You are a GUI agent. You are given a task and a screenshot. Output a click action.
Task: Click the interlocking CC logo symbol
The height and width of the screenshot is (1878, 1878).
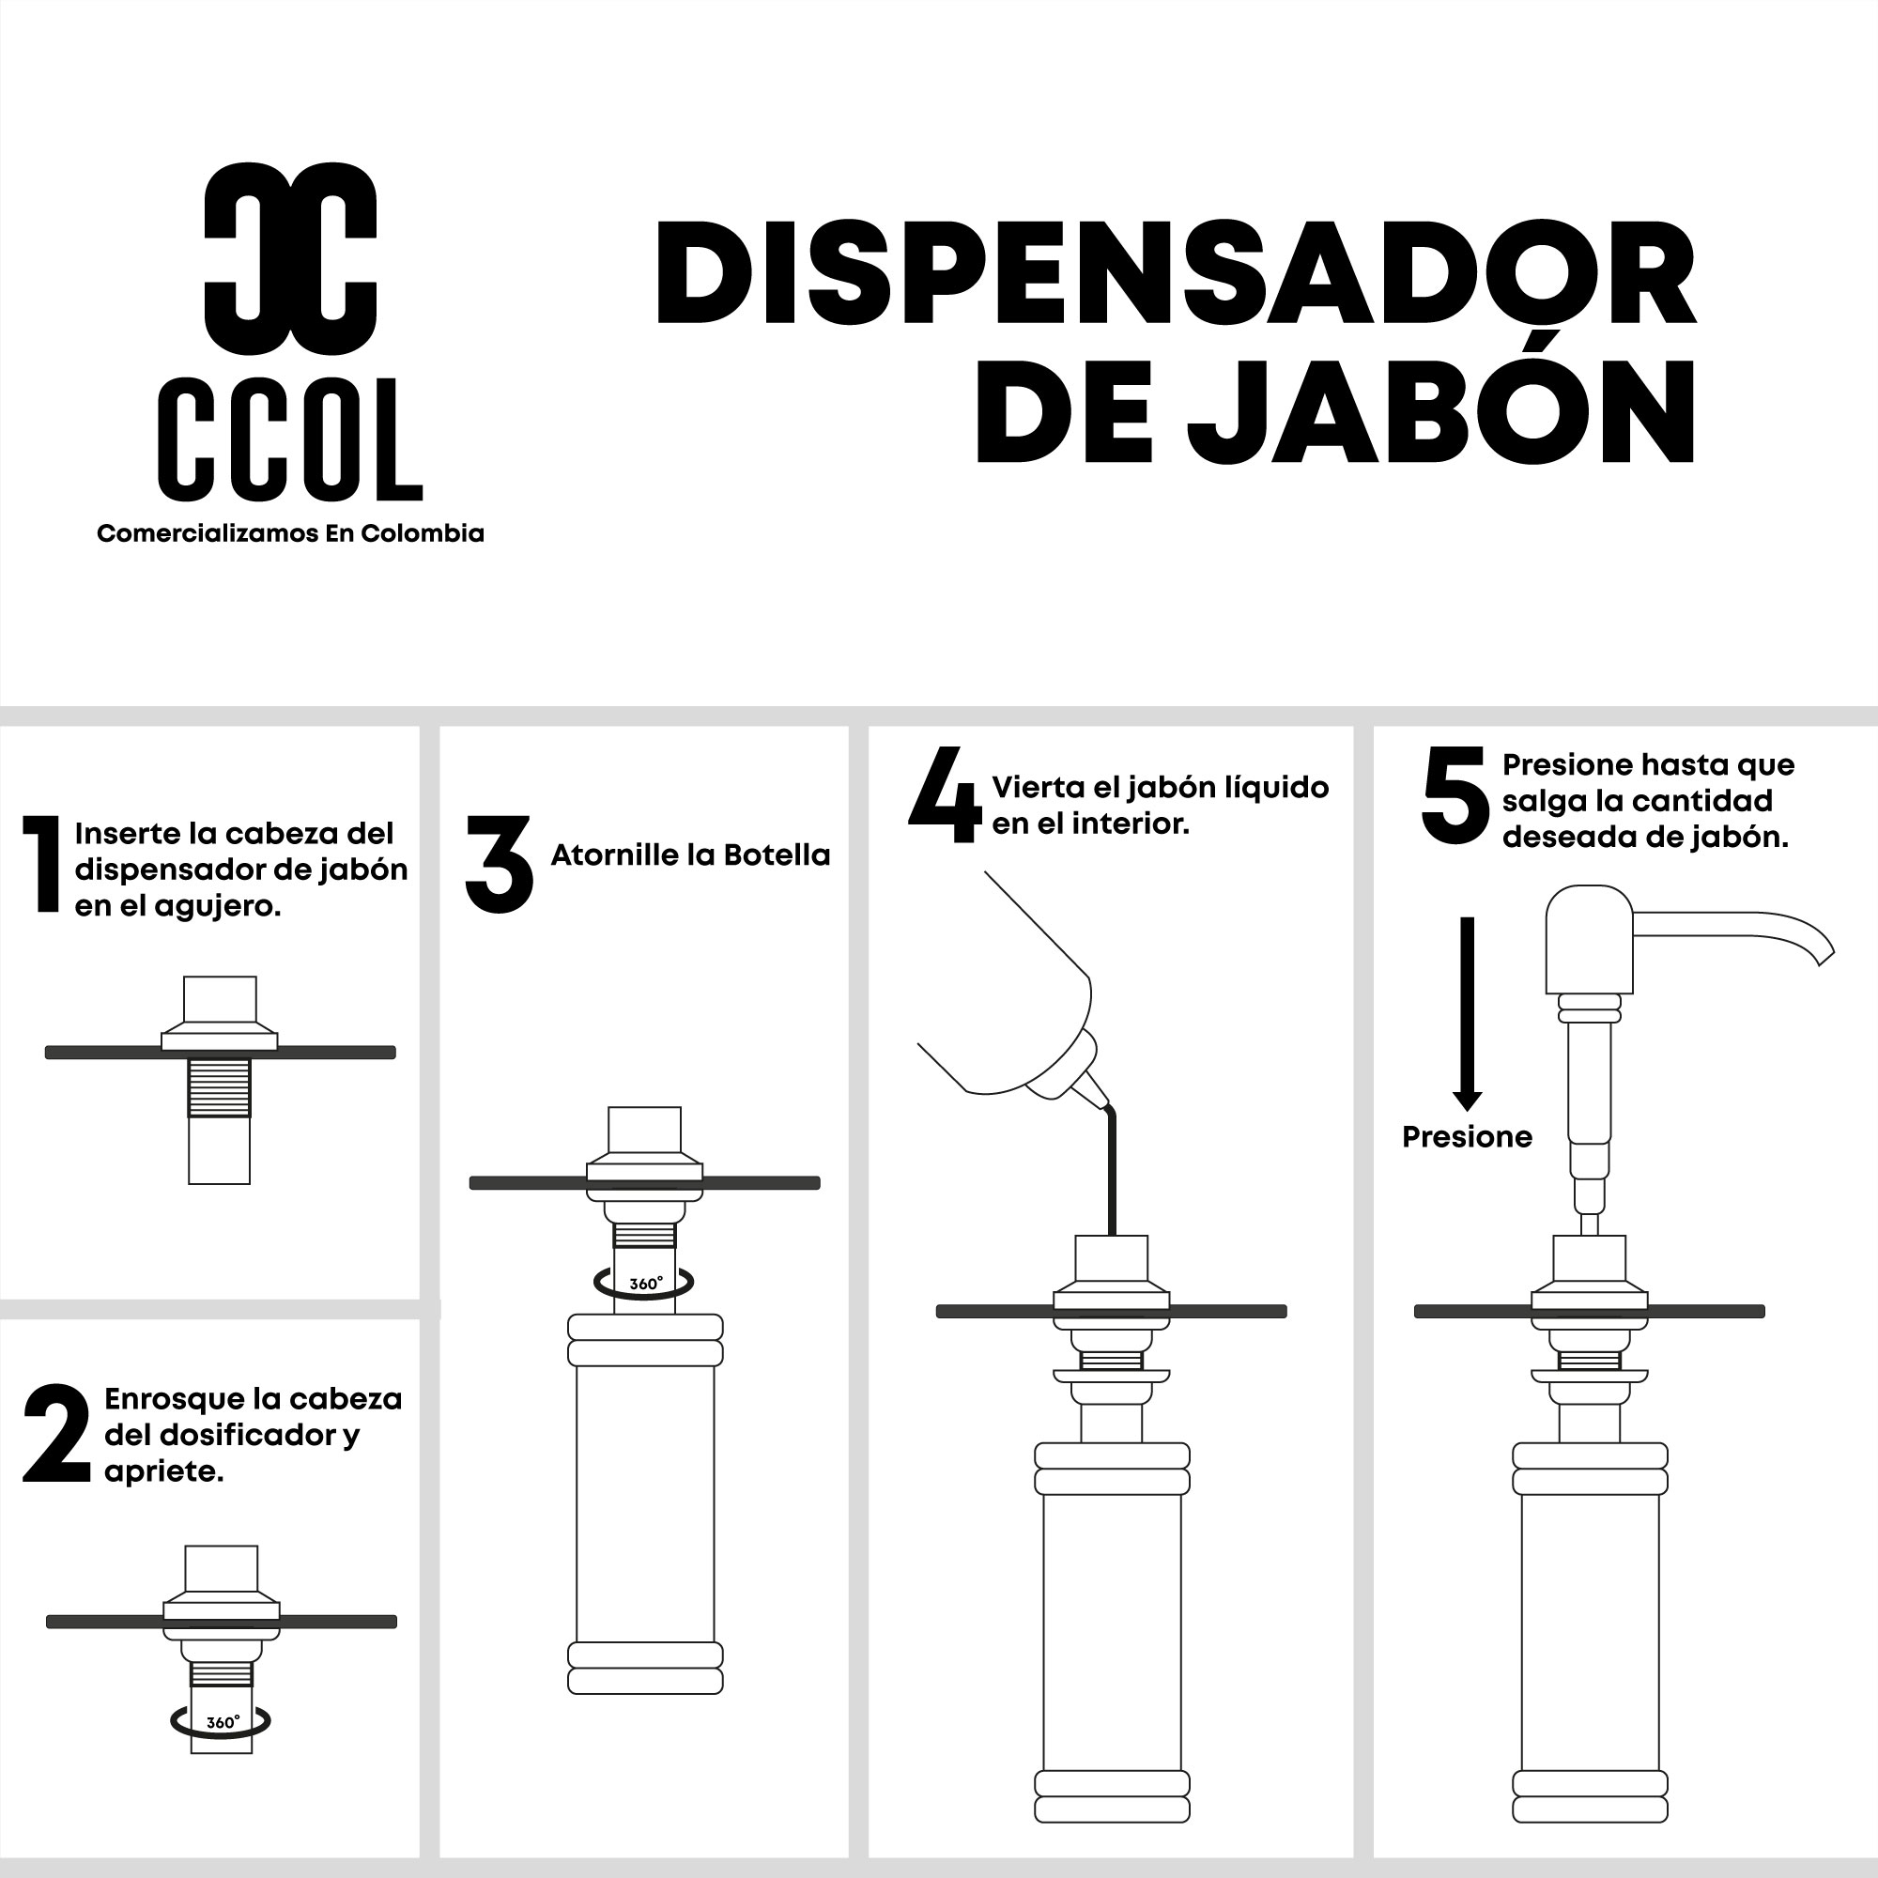point(291,257)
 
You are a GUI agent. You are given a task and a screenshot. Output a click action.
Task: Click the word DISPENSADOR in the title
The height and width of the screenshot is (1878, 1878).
point(1178,273)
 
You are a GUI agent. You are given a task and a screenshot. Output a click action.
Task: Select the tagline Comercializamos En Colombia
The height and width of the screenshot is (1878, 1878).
point(291,533)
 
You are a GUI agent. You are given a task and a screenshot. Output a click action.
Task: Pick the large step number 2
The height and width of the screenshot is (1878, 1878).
point(57,1434)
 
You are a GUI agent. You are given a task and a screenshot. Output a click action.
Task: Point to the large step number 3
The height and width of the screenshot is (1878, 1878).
point(499,864)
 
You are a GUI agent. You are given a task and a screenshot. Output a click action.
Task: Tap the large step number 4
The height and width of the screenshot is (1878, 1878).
point(945,794)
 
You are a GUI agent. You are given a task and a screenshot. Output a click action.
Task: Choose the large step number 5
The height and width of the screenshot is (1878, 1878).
point(1455,794)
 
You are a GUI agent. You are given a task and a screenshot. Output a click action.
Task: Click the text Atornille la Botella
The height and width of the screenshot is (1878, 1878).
point(690,855)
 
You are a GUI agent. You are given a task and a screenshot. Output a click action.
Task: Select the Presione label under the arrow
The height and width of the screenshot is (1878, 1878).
point(1467,1137)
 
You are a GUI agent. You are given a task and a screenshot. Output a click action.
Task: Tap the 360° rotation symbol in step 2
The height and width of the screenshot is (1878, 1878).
point(220,1721)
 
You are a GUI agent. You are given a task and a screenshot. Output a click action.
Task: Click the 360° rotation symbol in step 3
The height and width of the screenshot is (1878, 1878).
point(643,1283)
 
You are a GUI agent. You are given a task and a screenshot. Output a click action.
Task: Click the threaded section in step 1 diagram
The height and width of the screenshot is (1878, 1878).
point(219,1087)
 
